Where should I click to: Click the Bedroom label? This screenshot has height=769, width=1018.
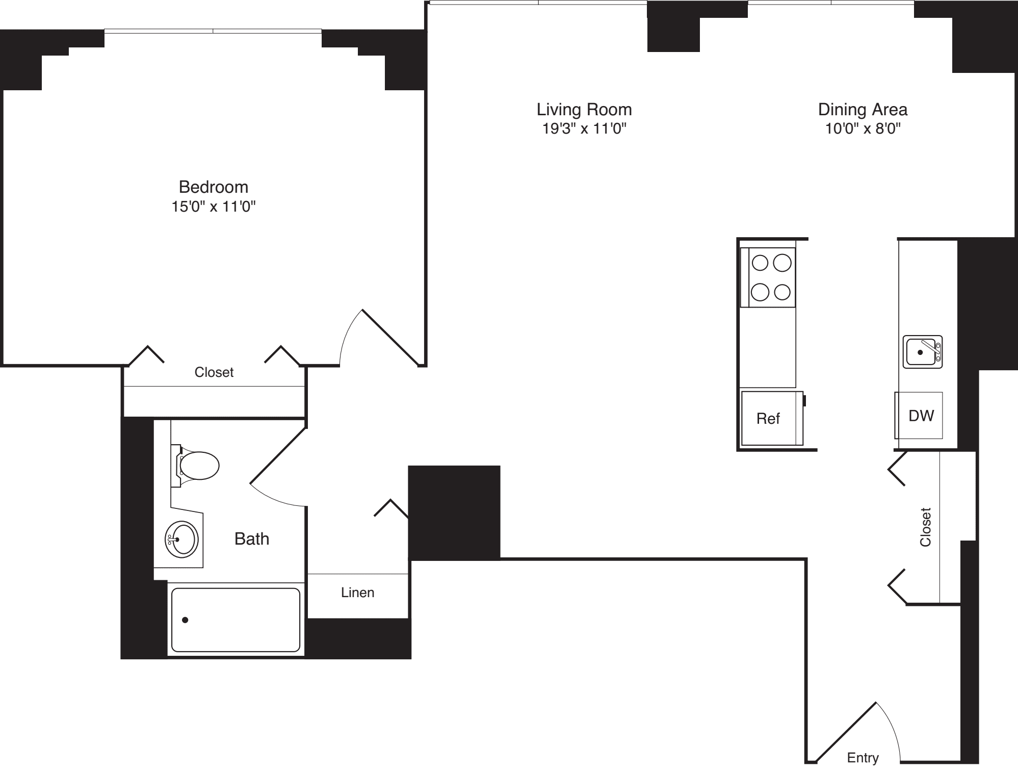pos(213,187)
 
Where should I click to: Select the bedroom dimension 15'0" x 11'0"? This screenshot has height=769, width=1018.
pos(213,207)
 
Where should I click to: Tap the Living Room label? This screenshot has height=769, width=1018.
pos(584,110)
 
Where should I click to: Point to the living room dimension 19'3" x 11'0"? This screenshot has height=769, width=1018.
pos(584,129)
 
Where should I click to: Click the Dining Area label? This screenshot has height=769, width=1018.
pos(863,110)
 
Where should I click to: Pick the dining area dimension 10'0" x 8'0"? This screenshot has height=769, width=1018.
pos(863,129)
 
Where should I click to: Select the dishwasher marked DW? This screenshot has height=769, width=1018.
pos(921,416)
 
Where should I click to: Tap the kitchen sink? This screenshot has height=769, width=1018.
pos(922,352)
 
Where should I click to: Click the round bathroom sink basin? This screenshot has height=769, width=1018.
pos(182,539)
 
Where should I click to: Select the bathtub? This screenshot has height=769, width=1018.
pos(236,620)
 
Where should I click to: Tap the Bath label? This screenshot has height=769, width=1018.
pos(251,539)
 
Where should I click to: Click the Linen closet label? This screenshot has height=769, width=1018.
pos(357,593)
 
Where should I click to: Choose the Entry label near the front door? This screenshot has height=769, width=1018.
pos(863,758)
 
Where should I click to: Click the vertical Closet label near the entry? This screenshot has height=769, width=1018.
pos(925,527)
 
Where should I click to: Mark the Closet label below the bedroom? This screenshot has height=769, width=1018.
pos(214,372)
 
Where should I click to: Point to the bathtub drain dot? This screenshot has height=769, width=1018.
pos(185,620)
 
